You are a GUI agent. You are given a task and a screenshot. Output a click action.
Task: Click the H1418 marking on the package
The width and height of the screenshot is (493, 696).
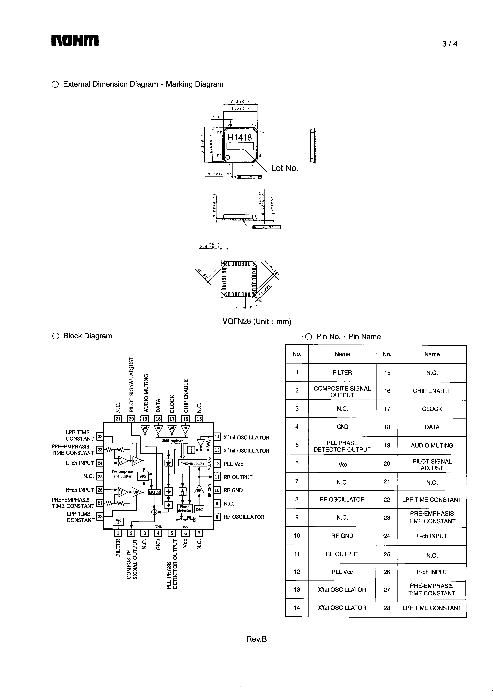click(240, 138)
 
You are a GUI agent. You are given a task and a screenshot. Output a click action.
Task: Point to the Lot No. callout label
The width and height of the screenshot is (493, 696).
click(284, 168)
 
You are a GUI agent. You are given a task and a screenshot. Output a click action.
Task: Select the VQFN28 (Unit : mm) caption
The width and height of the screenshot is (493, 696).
click(257, 321)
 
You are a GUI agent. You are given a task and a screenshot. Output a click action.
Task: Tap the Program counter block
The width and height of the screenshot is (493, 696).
click(192, 463)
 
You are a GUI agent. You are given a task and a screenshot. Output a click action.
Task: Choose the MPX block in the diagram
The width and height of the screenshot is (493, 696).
click(143, 476)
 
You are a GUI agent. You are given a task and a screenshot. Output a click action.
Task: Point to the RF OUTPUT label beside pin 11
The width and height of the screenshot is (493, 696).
click(238, 477)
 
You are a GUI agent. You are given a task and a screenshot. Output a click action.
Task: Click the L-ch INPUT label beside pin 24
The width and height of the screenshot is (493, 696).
click(80, 463)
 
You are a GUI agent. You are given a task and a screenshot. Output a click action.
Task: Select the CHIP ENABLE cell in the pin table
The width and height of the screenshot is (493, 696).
click(432, 391)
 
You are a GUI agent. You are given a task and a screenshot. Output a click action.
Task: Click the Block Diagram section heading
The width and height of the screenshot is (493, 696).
click(87, 336)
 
